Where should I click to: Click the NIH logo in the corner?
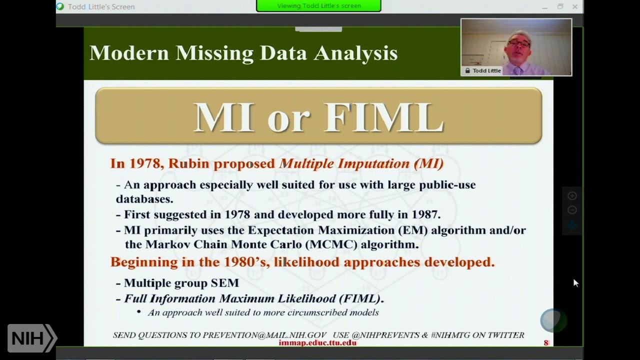[31, 338]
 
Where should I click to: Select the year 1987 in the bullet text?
[423, 214]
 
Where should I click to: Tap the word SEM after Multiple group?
[225, 283]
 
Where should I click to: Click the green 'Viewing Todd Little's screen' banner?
[318, 6]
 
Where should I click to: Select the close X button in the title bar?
[575, 6]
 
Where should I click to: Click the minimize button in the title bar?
[544, 6]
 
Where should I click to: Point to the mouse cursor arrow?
[575, 282]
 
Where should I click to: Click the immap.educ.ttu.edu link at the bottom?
[317, 342]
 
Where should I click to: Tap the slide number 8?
[546, 342]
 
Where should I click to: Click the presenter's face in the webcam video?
[518, 45]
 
